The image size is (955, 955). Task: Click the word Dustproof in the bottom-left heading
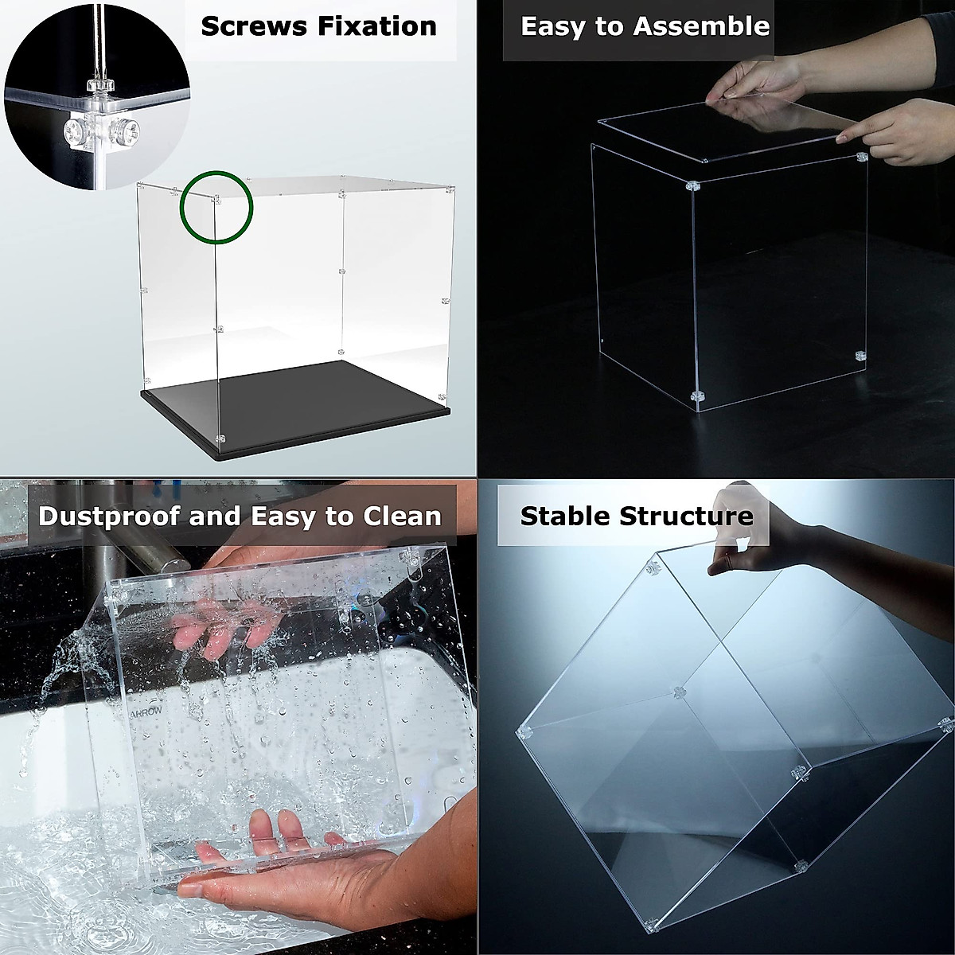click(x=109, y=516)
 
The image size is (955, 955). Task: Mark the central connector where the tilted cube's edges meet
click(x=678, y=692)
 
